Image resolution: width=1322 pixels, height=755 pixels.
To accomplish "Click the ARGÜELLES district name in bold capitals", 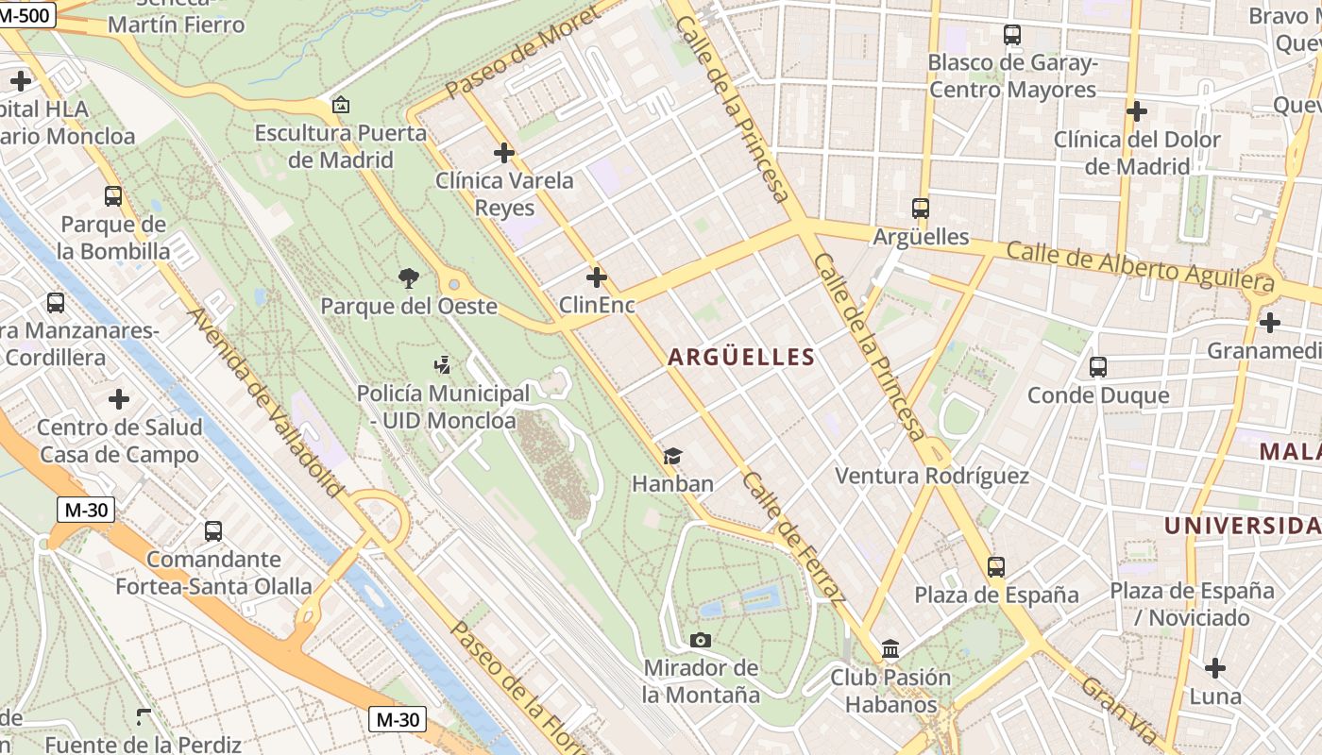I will click(741, 357).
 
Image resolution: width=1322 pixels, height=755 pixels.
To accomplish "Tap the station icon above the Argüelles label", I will click(921, 209).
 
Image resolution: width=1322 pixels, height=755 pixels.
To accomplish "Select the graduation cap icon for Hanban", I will click(672, 457).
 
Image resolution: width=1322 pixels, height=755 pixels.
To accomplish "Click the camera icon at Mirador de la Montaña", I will click(701, 641).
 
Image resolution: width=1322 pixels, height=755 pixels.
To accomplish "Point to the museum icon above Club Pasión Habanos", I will click(890, 649).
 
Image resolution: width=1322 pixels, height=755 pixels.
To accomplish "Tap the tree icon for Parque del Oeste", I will click(409, 278).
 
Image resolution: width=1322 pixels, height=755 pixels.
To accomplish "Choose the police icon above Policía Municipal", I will click(442, 365).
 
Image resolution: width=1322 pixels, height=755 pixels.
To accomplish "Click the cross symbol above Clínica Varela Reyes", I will click(504, 152).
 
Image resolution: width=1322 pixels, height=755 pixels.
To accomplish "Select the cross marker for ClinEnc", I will click(597, 277).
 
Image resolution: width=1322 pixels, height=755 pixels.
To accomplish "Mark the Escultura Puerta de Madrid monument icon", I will click(341, 105).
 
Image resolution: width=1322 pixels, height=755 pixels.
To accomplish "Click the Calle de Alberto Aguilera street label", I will click(1140, 266).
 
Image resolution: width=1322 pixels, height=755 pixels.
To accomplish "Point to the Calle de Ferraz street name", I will click(793, 536).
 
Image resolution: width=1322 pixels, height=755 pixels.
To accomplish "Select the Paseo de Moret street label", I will click(521, 53).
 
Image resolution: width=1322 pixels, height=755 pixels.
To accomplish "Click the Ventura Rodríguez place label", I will click(932, 476).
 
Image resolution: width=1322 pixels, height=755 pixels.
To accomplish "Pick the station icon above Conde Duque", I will click(1098, 367).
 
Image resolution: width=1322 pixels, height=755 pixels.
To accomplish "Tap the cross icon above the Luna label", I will click(1215, 669).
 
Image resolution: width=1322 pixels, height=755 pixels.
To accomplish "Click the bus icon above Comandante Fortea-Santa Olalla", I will click(213, 531).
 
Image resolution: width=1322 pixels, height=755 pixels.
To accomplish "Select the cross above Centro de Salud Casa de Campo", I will click(119, 399).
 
